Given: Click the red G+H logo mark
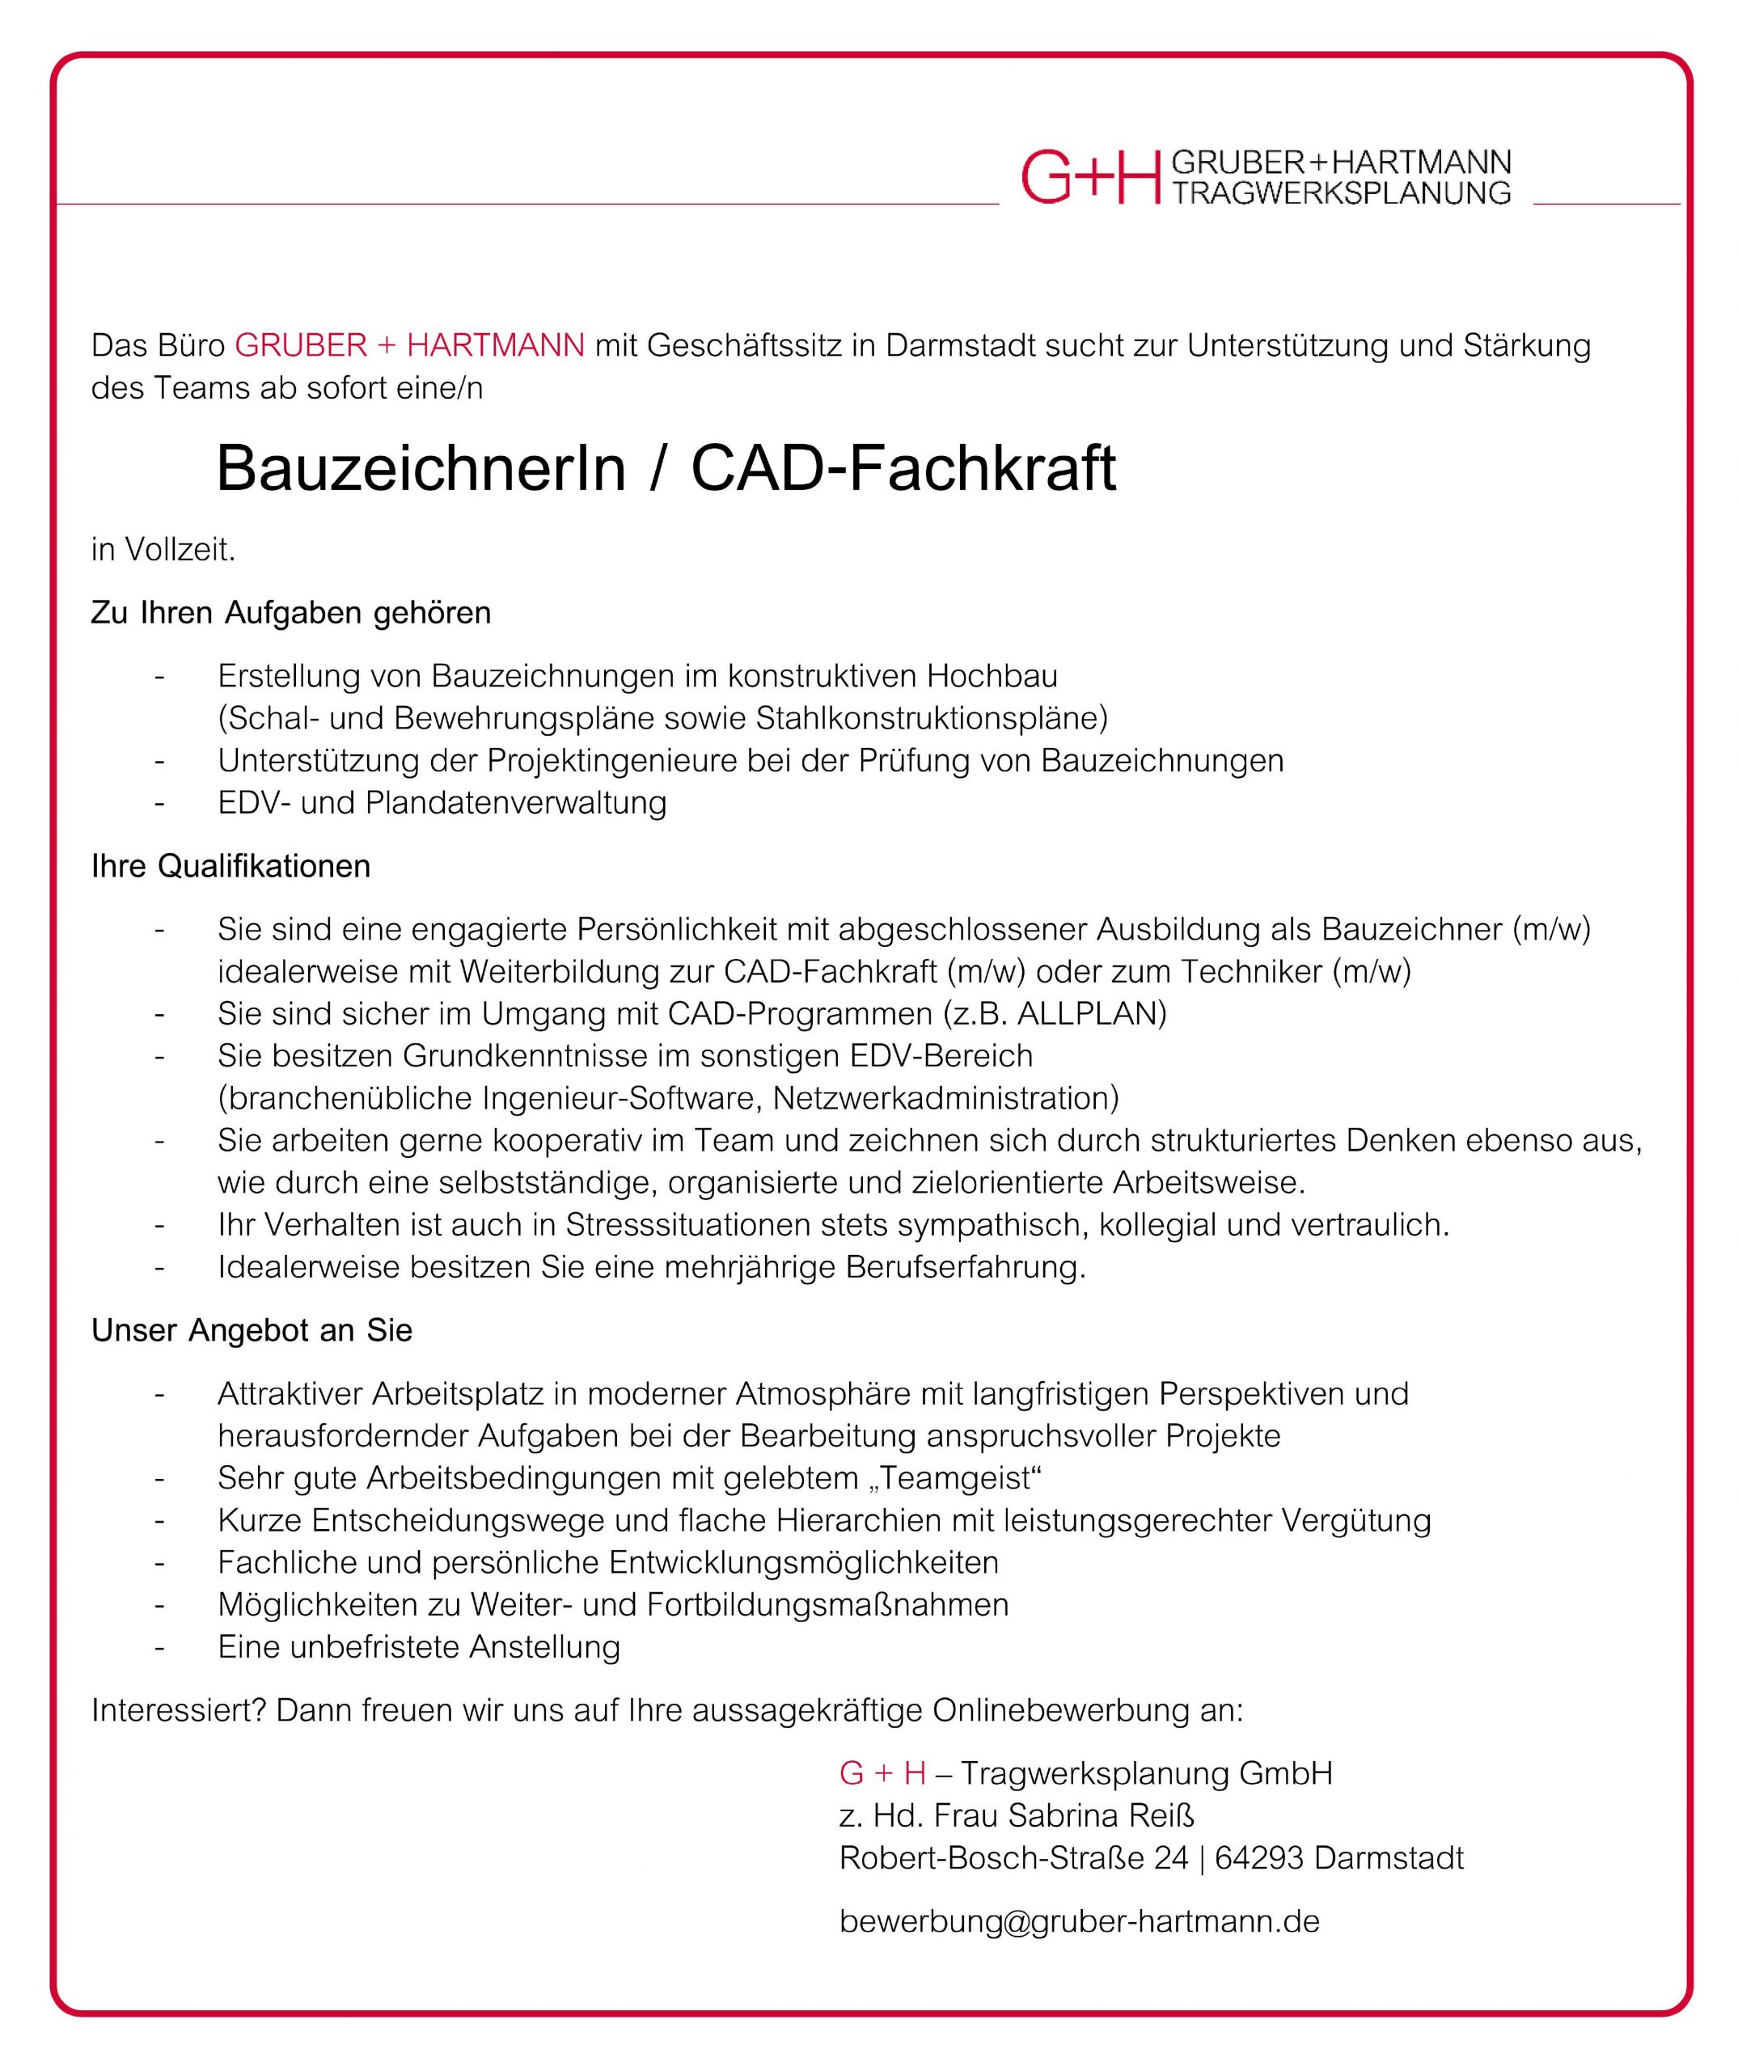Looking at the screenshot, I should pos(1090,177).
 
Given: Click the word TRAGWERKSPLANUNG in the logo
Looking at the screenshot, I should pos(1341,193).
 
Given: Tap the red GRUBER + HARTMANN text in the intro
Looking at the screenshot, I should pos(409,346).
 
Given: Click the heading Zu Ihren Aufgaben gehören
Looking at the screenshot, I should pos(291,613).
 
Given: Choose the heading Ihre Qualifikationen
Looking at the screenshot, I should pos(230,867).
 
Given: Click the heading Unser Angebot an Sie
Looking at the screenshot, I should pos(252,1331).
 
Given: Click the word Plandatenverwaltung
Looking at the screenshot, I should pos(516,804).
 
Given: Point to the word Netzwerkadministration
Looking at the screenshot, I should pos(945,1098).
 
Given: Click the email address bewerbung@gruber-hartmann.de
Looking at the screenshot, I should pos(1079,1921).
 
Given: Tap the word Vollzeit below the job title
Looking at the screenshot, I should pos(179,550).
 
